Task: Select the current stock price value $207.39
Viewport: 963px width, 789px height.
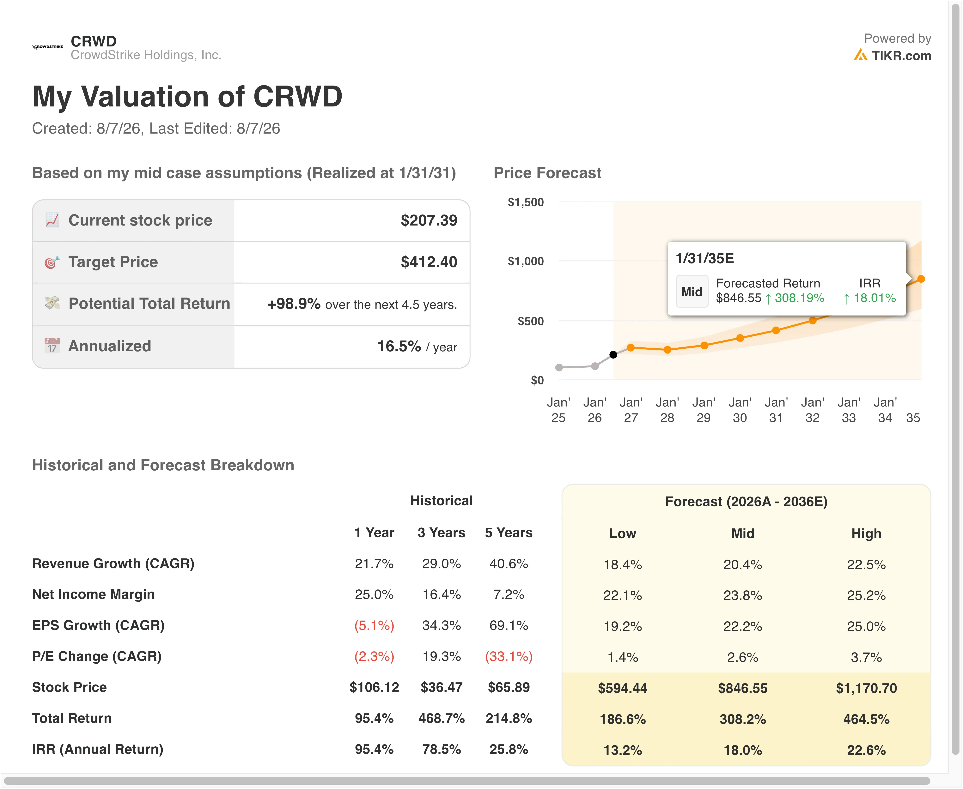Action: [x=429, y=220]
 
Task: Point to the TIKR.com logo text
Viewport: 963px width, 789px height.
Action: [x=901, y=55]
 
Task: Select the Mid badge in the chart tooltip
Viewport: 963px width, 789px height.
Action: [x=692, y=292]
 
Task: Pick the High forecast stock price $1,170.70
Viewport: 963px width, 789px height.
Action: [x=866, y=688]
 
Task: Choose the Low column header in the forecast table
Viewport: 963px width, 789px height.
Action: [x=622, y=533]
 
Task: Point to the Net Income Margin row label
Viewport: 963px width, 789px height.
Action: [x=93, y=594]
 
